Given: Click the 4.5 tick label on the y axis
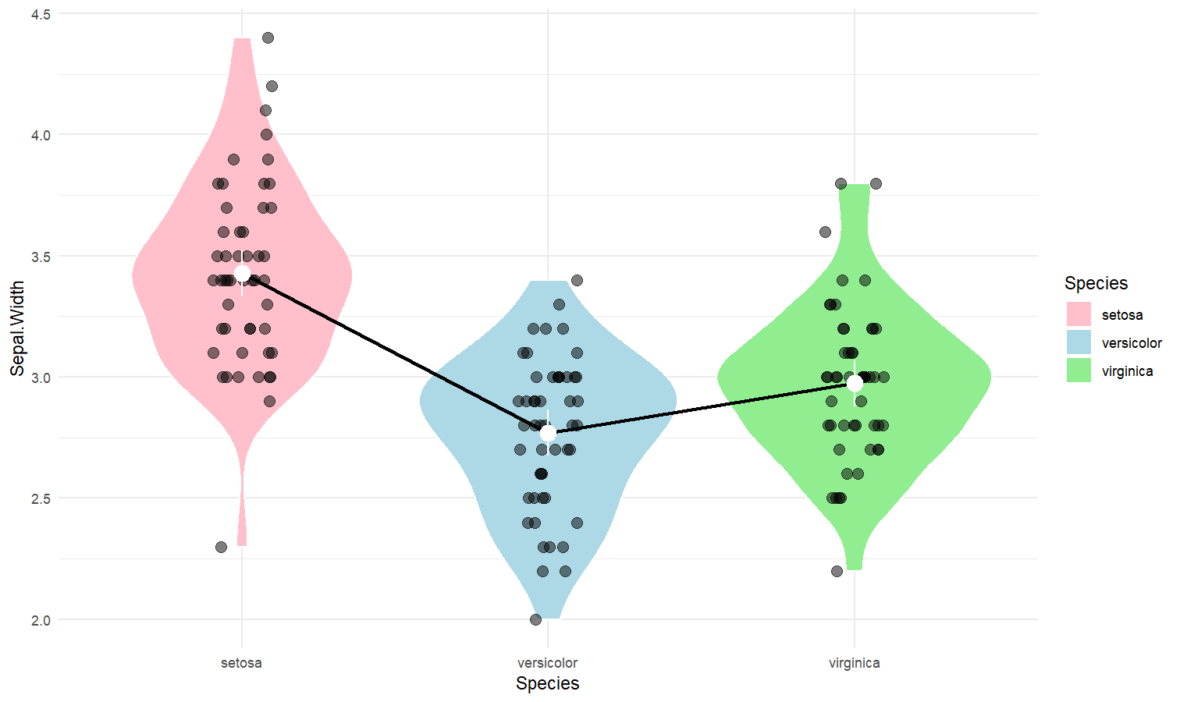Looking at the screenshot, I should [41, 14].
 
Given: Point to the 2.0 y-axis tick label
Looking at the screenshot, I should [41, 620].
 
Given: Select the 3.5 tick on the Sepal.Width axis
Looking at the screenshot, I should [41, 257].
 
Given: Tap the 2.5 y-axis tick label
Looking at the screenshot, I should [41, 498].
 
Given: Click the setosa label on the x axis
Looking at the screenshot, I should [241, 663].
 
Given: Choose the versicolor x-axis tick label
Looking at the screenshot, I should [547, 663].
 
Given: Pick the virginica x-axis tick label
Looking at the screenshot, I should [854, 663].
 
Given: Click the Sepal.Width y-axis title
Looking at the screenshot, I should [17, 328].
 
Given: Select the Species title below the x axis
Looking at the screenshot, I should [547, 684].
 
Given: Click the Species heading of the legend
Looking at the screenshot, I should [1096, 283].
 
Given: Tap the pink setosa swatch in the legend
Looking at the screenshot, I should [1079, 314].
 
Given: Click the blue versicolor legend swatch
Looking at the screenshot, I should [1079, 342].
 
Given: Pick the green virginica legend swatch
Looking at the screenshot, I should [1079, 370].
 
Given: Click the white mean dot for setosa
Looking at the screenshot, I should [242, 274].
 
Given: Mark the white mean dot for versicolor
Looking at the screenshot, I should [548, 432].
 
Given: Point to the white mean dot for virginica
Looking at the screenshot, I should [855, 383].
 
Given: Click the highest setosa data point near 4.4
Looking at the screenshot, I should [268, 37].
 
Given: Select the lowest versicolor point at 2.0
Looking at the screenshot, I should [535, 619].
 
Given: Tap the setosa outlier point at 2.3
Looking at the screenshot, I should [221, 547].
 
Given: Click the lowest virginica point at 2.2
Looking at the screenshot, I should [837, 571].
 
